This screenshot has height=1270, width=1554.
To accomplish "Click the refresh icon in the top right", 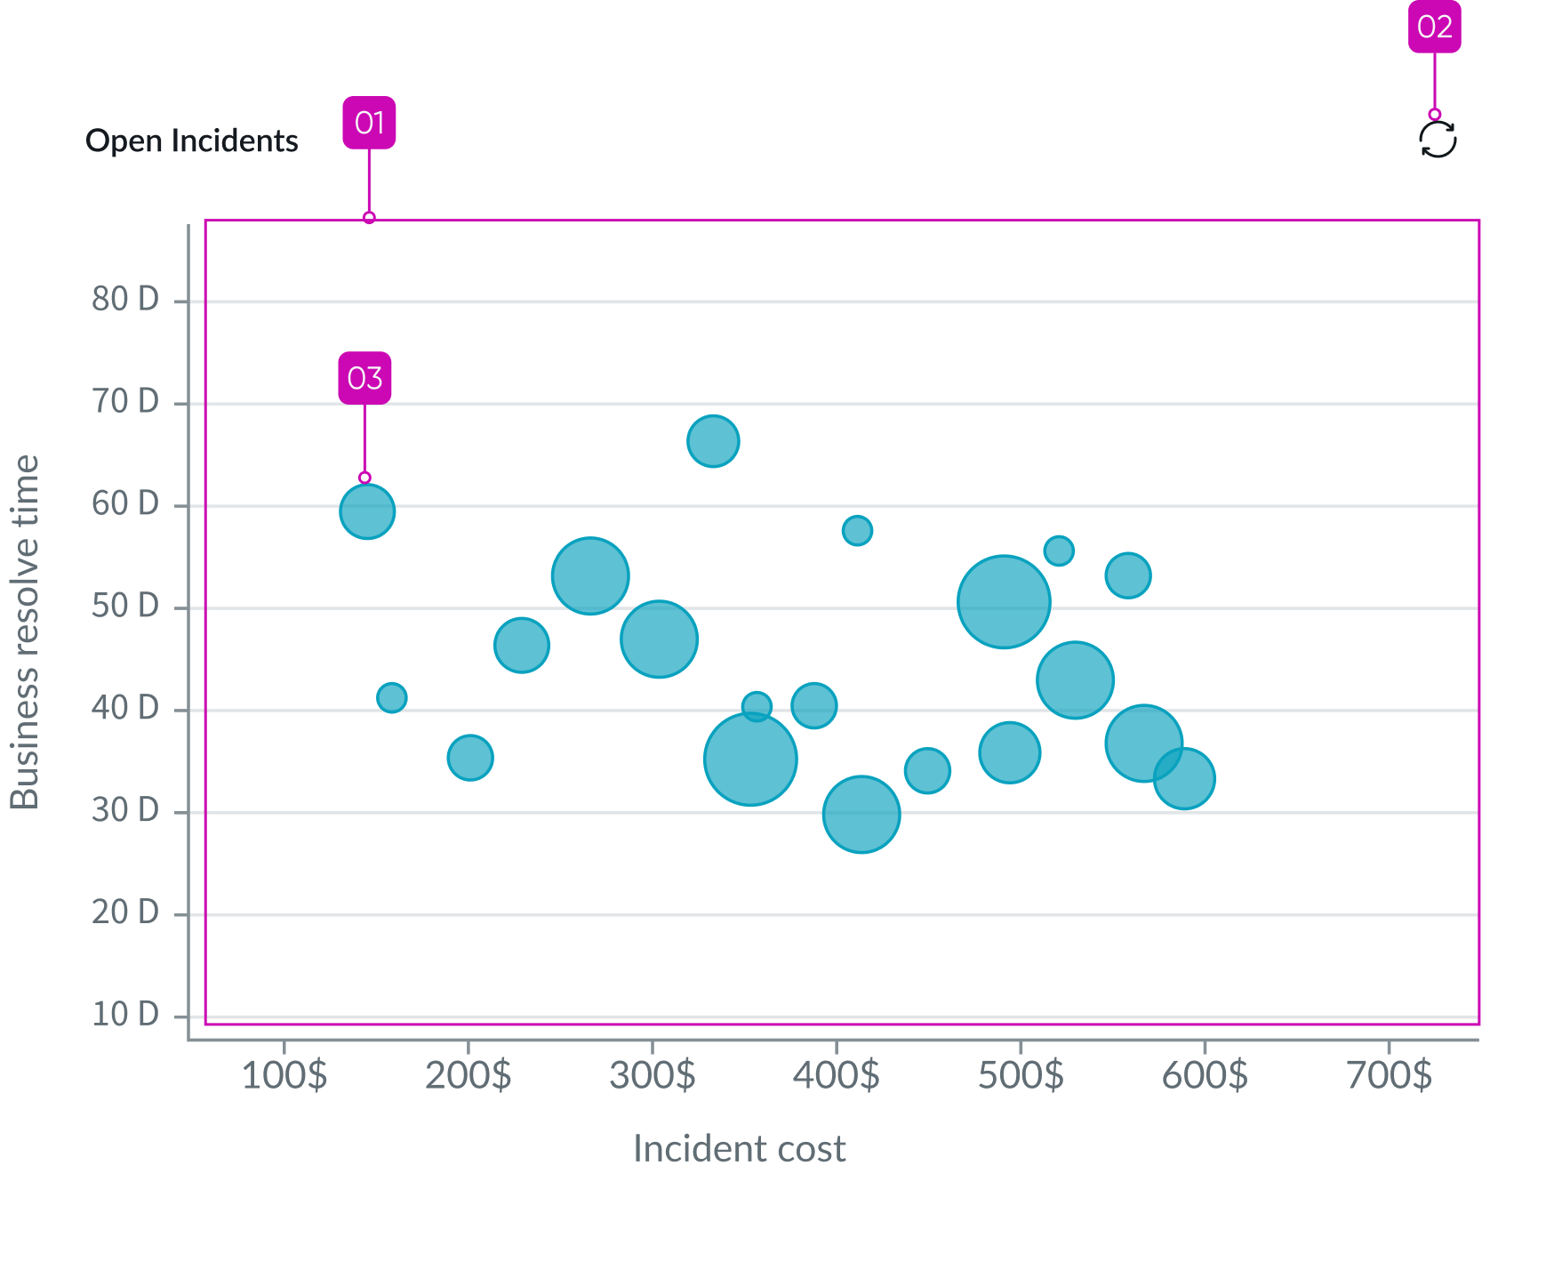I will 1438,141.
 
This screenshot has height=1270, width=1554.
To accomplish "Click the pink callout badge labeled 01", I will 369,123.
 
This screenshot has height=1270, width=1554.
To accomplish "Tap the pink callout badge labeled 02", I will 1434,28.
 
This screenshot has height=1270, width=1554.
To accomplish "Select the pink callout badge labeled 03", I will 364,378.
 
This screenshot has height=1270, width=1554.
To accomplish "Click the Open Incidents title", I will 192,141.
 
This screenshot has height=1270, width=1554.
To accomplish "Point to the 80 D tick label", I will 125,300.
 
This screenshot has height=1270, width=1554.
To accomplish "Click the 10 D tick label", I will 125,1015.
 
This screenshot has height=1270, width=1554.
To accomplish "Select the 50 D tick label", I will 125,607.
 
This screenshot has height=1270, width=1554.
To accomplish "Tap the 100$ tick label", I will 284,1075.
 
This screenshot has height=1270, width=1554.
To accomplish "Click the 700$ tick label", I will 1389,1075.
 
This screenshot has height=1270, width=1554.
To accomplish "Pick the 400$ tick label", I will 836,1075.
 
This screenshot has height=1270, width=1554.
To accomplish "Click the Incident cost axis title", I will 739,1149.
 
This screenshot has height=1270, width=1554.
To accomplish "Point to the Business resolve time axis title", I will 25,631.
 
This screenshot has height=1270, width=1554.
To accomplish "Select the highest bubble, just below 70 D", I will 713,441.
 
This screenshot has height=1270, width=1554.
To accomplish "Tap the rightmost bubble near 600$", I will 1184,779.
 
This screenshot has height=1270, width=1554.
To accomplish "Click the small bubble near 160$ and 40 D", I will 392,697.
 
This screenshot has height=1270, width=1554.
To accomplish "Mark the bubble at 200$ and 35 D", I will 470,758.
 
